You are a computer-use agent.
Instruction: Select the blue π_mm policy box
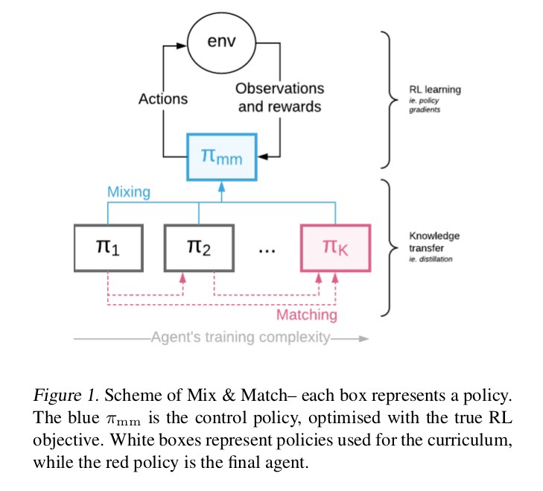click(221, 156)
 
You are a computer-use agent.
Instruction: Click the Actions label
click(163, 98)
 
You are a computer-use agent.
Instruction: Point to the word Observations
click(279, 89)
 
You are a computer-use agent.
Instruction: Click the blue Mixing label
click(128, 192)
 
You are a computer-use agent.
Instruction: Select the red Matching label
click(306, 314)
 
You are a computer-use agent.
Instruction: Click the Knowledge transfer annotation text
click(434, 242)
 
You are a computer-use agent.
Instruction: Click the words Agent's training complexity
click(240, 338)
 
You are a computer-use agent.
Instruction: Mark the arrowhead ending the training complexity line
click(363, 338)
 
